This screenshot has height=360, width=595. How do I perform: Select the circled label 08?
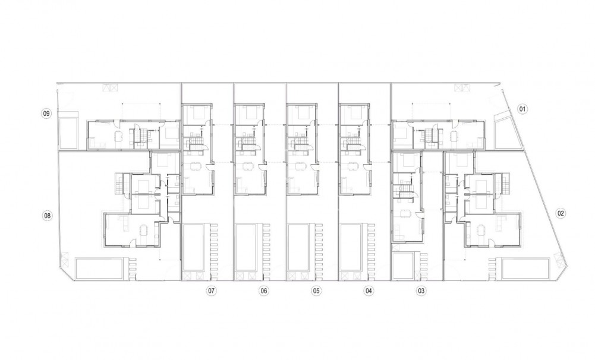[x=47, y=215]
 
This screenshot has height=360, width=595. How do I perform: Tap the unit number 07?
[x=211, y=290]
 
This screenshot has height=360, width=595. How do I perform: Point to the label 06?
[x=264, y=290]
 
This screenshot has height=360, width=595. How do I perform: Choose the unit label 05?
[x=316, y=290]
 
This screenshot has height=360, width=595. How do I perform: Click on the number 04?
[x=369, y=290]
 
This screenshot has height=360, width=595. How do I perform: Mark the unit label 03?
[x=421, y=290]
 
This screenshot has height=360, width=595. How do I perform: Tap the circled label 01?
[x=522, y=109]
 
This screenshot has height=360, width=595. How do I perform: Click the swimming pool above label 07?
[x=193, y=247]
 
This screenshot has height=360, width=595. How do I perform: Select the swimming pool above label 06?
[x=245, y=247]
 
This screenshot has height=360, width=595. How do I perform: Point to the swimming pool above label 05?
[x=298, y=247]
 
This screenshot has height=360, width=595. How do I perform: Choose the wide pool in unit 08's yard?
[x=102, y=267]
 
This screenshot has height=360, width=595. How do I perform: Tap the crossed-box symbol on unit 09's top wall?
[x=110, y=87]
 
